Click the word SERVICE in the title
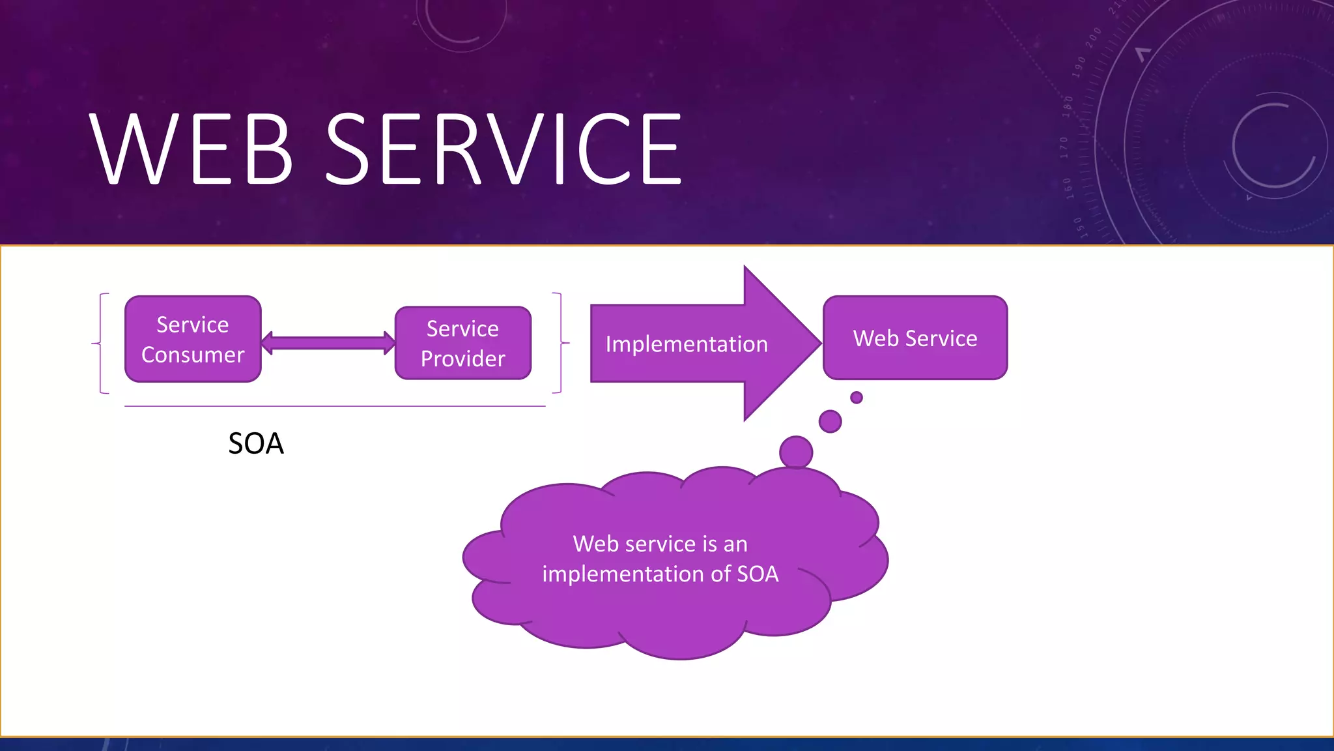tap(503, 149)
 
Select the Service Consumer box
tap(193, 339)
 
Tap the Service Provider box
tap(463, 343)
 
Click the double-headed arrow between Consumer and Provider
tap(328, 343)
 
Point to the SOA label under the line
tap(256, 444)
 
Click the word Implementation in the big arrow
tap(687, 344)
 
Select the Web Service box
tap(915, 338)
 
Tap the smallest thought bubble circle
tap(857, 398)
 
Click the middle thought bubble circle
tap(830, 421)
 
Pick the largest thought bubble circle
tap(796, 452)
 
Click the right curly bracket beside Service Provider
tap(560, 343)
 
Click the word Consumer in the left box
tap(193, 355)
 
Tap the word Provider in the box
tap(463, 359)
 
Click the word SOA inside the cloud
tap(758, 574)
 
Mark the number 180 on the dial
tap(1068, 106)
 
